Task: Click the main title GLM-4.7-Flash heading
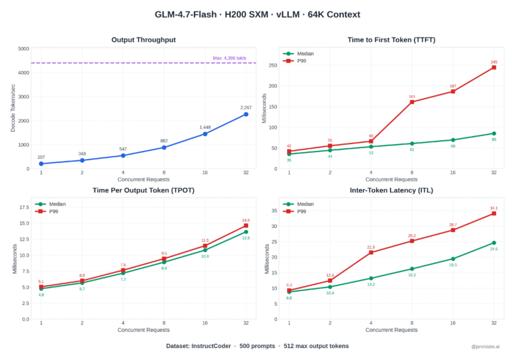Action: tap(257, 14)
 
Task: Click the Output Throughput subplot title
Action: tap(144, 40)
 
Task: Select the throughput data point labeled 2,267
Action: tap(246, 114)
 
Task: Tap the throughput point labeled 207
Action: tap(41, 164)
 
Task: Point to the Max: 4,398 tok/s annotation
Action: tap(229, 58)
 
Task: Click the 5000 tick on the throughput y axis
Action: tap(23, 48)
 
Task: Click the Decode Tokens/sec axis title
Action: tap(13, 108)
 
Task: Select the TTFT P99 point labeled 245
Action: tap(494, 67)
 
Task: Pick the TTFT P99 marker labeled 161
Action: tap(412, 102)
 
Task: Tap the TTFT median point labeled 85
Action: tap(494, 133)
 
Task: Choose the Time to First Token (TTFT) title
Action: tap(391, 40)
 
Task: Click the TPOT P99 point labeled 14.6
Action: tap(246, 226)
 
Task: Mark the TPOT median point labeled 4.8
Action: tap(41, 288)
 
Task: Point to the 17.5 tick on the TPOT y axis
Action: tap(23, 207)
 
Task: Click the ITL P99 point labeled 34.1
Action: tap(494, 213)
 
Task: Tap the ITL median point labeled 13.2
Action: tap(371, 278)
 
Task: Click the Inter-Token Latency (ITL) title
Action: tap(391, 190)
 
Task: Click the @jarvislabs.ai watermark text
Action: tap(485, 346)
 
